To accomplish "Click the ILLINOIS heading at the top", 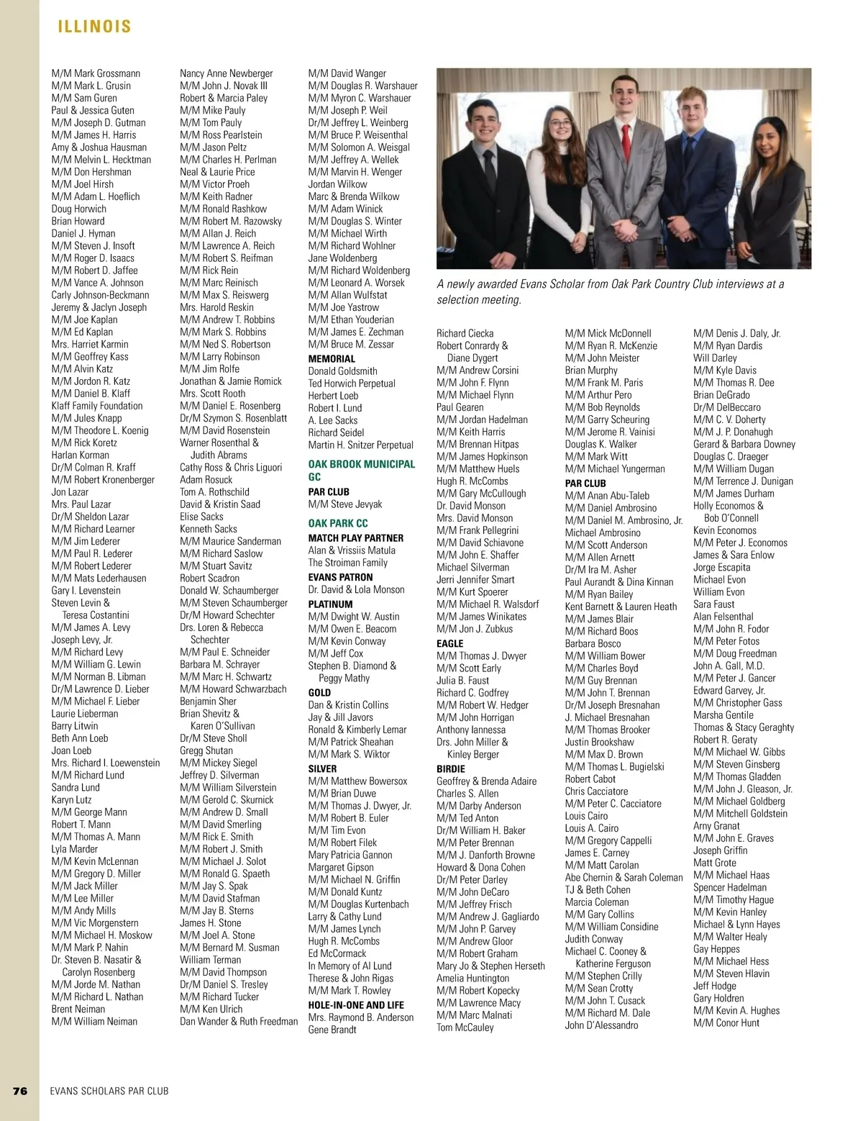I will pos(94,27).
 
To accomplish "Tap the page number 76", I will pos(19,1091).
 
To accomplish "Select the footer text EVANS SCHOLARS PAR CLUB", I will pos(109,1091).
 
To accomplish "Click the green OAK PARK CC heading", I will pos(338,523).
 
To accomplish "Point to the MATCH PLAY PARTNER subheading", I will pos(356,538).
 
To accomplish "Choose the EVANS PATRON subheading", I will pos(341,577).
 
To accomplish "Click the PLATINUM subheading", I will pos(331,604).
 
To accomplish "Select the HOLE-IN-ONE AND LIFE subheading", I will pos(356,1005).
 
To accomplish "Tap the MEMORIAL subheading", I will pos(332,359).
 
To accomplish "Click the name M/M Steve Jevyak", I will pos(345,504).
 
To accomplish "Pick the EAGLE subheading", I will pos(450,643).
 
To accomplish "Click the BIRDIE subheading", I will pos(451,768).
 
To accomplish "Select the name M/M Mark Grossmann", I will pos(96,73).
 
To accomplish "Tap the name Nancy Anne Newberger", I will pos(227,73).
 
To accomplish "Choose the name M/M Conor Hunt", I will pos(726,1022).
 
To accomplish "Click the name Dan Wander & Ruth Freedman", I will pos(239,1021).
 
